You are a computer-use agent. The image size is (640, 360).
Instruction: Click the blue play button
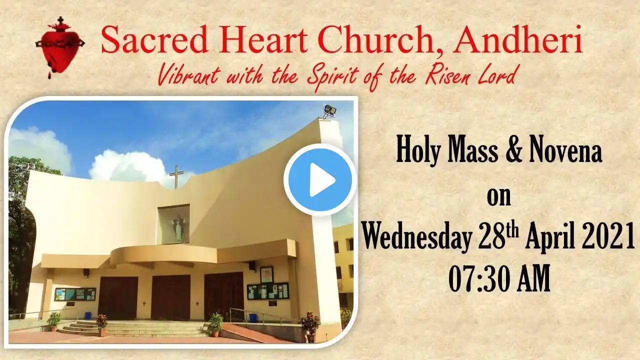point(320,179)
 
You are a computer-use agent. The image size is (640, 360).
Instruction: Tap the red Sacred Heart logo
point(60,47)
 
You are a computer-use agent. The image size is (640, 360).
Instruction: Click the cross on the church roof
point(176,177)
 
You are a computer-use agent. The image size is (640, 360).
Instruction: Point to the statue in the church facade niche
point(177,227)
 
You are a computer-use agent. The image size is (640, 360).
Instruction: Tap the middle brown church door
point(171,297)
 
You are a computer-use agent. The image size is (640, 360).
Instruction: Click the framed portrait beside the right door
point(266,275)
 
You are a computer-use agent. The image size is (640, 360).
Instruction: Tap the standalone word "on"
point(499,198)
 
